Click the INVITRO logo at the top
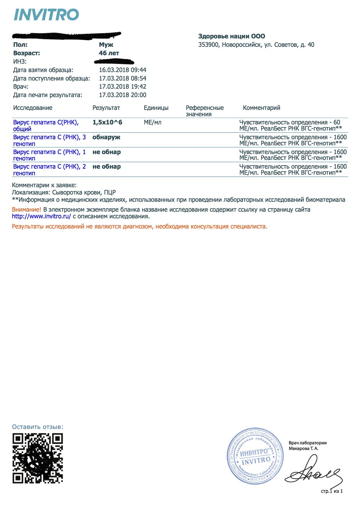46,15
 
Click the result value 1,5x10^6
107,122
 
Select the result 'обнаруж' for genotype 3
106,137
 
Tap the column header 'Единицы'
156,108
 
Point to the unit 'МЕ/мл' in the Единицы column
153,122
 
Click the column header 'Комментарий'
262,108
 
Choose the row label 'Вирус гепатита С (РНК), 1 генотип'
49,155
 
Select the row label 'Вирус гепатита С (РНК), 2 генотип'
49,170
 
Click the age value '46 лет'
109,53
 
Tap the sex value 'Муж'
106,45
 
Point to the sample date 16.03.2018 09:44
123,70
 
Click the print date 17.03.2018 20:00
123,95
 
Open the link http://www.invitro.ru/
41,216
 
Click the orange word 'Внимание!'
26,210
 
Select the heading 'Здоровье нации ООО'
232,36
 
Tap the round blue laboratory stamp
255,456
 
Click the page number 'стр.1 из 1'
332,491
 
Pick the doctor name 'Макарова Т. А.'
303,449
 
